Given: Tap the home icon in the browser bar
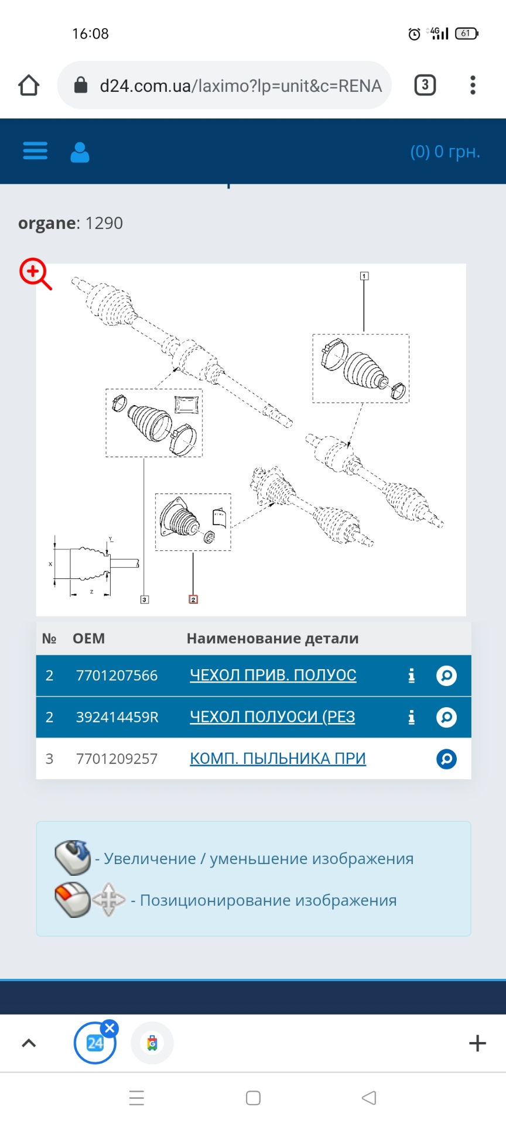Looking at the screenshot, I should pos(29,85).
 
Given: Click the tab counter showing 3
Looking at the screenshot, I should pos(425,85).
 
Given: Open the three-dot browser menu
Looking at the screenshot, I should pos(473,85).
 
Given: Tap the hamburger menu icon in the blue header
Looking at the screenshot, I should pos(35,151).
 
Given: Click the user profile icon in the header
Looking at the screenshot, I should pos(80,152).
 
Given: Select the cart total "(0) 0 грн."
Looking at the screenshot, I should pos(445,152).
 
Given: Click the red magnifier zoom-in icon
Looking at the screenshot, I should pos(35,273).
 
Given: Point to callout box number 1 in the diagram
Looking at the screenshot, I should pos(364,276).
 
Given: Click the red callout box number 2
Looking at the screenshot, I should pos(193,599).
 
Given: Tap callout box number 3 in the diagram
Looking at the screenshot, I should pos(145,599).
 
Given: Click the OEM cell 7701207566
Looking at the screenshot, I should pos(117,676).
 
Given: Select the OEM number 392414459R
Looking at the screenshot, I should pos(117,717).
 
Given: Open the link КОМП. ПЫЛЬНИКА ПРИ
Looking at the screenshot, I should pos(278,759).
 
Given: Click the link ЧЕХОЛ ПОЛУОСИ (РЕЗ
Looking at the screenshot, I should pos(272,717).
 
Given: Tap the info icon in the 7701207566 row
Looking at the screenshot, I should pos(411,676).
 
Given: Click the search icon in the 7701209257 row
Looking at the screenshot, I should pos(446,759).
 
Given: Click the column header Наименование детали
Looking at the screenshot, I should pos(272,639).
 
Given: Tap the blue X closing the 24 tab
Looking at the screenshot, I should pos(110,1029).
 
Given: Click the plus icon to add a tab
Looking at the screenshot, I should pos(477,1043).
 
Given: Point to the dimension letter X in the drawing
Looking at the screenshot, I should pos(50,564).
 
